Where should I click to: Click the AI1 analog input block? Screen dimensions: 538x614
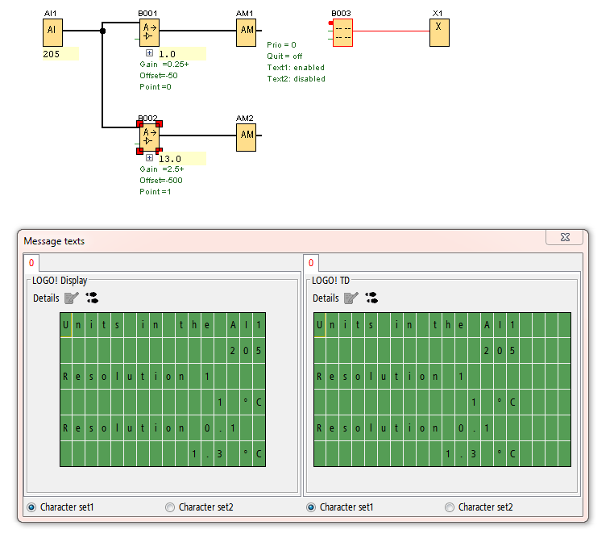coord(52,32)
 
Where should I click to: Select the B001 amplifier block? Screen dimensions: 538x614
coord(149,32)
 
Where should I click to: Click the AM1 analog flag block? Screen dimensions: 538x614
coord(246,32)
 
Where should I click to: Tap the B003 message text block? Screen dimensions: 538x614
coord(342,32)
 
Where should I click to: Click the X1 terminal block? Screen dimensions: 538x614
coord(439,32)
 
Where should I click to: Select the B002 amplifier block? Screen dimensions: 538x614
coord(149,138)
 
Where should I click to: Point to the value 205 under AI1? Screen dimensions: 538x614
coord(52,54)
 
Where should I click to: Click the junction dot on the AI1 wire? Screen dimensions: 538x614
coord(102,31)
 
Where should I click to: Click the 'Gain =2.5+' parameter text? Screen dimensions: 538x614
coord(161,169)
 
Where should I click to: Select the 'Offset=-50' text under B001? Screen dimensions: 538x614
coord(160,76)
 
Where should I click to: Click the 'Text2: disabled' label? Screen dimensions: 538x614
coord(296,79)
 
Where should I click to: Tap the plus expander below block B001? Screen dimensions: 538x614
coord(149,53)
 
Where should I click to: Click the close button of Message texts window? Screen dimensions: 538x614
coord(564,237)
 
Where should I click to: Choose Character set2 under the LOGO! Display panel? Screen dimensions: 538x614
coord(170,507)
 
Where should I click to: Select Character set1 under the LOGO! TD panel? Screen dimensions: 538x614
coord(312,507)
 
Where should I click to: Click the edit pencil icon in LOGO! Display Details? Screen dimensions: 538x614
coord(72,298)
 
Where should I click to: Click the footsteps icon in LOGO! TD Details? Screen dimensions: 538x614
coord(371,298)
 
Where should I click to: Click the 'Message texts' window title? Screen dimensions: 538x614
coord(54,240)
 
